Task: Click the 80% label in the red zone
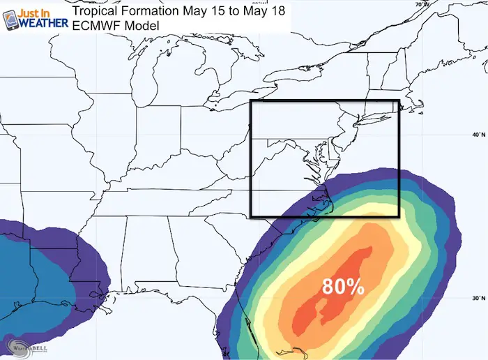coord(342,287)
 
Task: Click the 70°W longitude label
coord(421,5)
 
